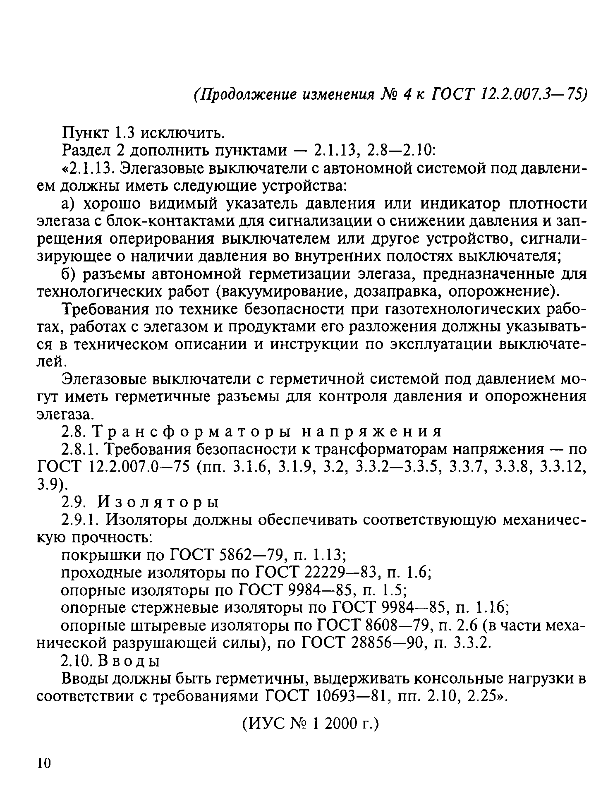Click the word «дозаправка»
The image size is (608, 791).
tap(395, 292)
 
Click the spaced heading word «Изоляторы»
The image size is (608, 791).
tap(158, 502)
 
